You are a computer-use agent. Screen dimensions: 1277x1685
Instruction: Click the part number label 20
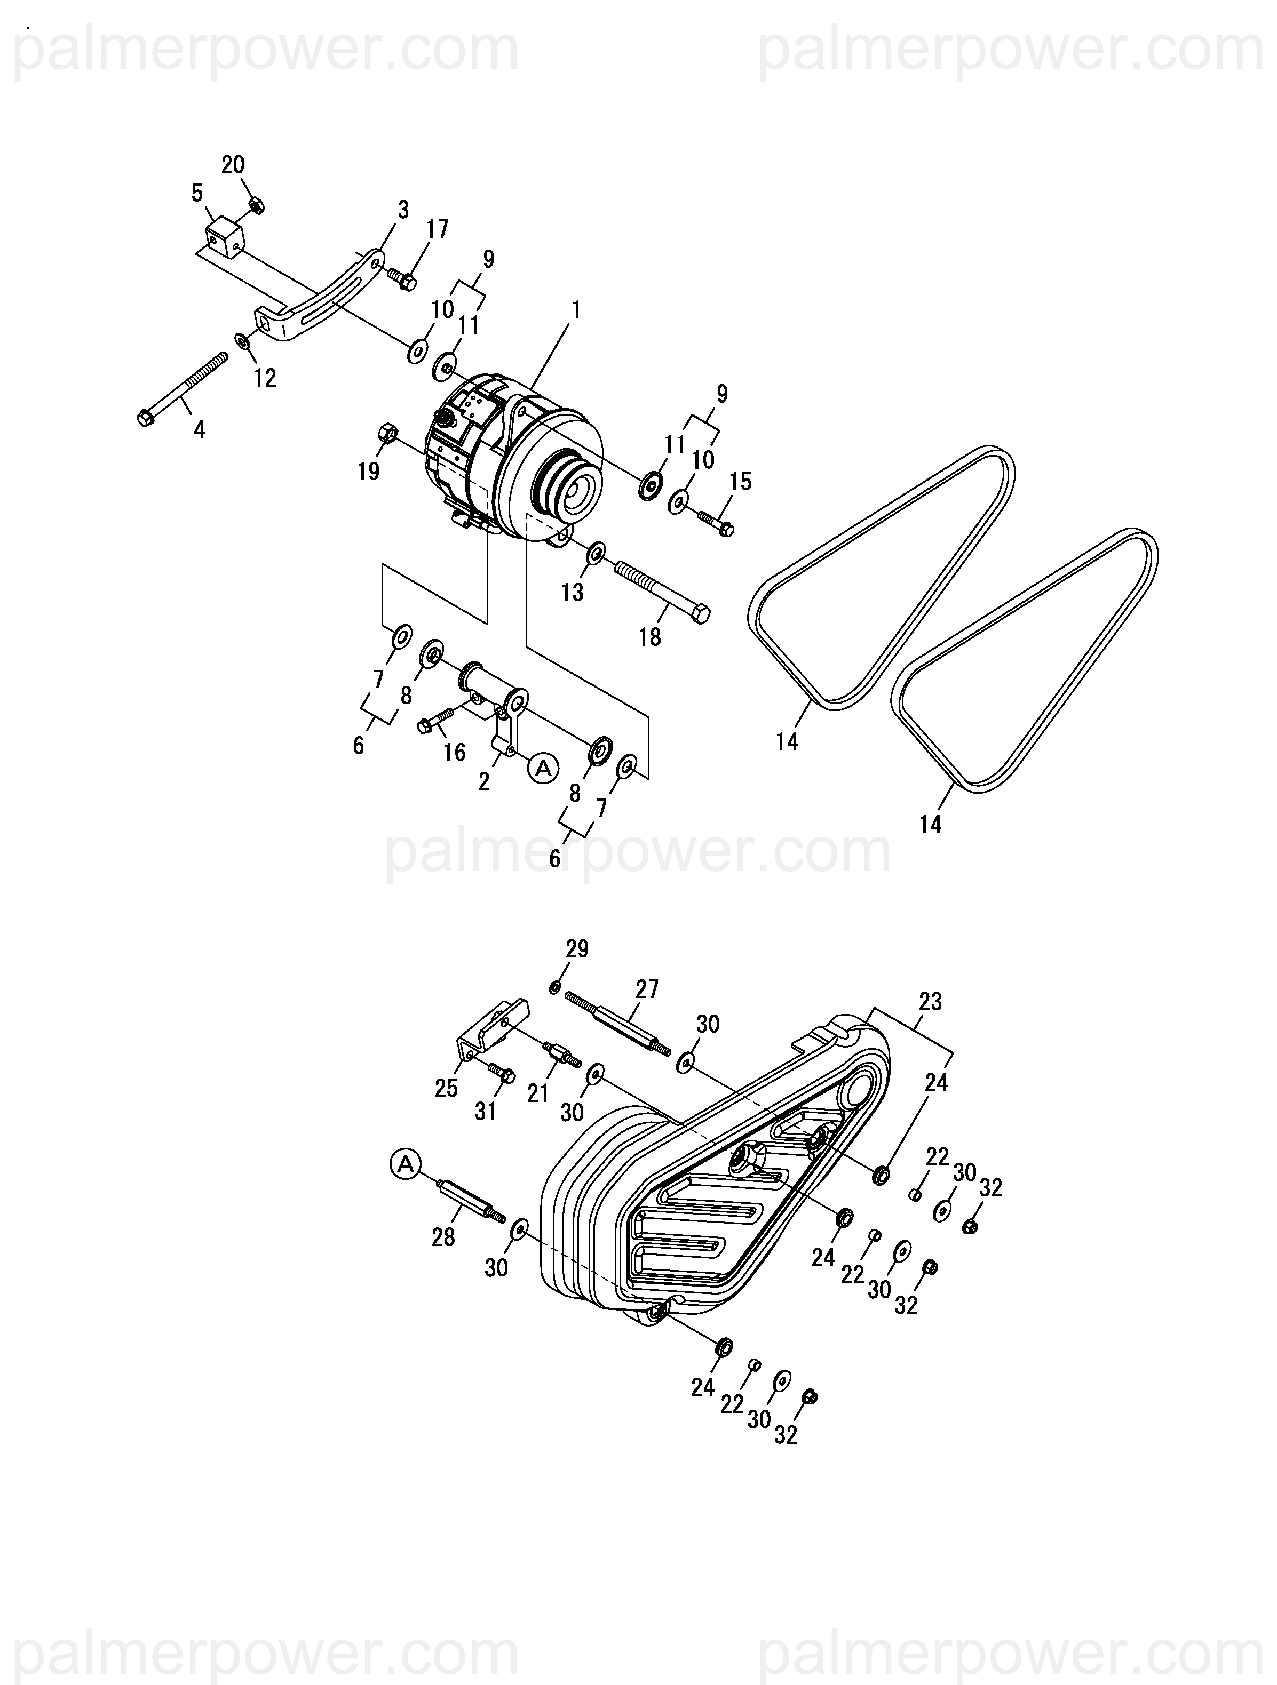click(233, 165)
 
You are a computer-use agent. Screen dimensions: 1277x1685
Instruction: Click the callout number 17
click(438, 229)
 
